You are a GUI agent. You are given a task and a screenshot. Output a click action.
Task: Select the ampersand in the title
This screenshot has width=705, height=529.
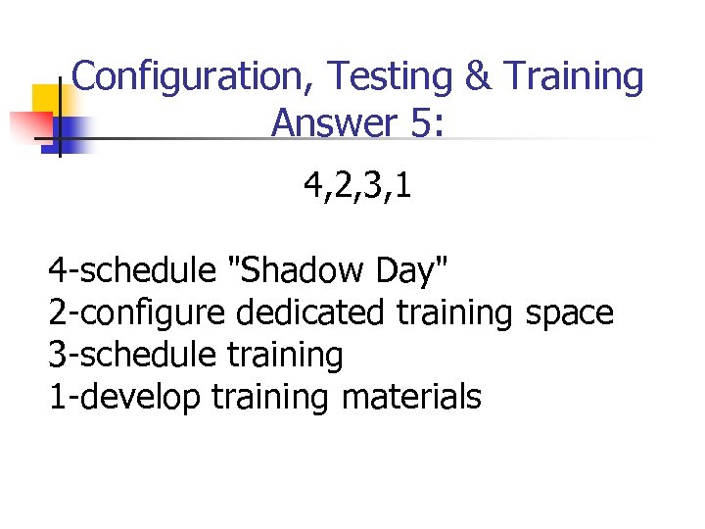coord(478,75)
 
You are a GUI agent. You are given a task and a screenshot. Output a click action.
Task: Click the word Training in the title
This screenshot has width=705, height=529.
coord(573,75)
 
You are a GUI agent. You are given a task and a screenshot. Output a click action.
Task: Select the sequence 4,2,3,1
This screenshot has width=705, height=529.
coord(357,184)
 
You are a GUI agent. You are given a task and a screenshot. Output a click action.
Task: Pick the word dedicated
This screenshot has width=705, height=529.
coord(311,313)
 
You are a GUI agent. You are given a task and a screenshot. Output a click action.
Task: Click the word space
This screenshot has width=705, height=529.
coord(569,313)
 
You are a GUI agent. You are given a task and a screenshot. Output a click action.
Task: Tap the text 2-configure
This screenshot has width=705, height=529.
coord(137,313)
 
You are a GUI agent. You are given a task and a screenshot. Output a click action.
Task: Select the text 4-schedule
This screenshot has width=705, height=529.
coord(131,268)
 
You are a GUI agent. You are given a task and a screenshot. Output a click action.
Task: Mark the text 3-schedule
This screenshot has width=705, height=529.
coord(131,355)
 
